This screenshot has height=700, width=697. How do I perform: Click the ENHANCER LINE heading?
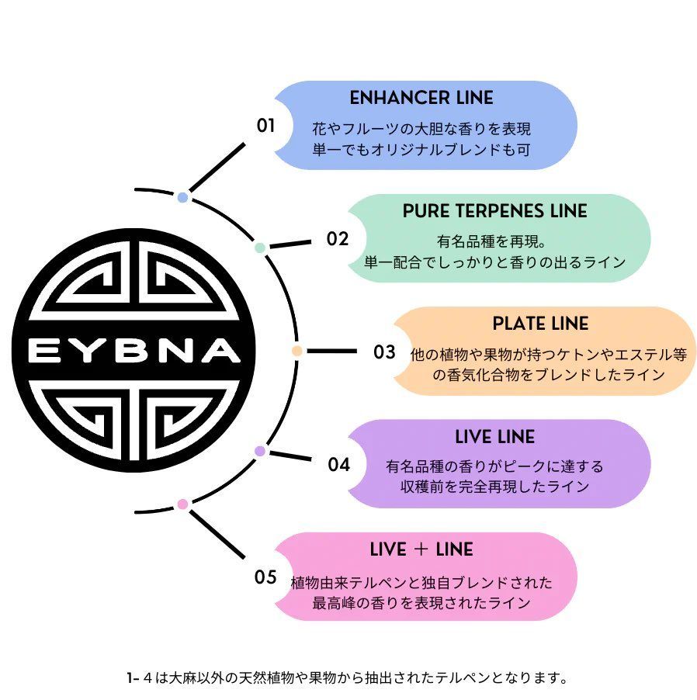tap(421, 99)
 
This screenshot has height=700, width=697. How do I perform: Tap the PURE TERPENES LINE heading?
tap(494, 212)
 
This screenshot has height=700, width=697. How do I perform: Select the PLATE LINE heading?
tap(540, 324)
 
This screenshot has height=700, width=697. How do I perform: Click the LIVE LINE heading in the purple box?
tap(494, 438)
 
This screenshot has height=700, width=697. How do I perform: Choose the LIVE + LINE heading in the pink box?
tap(421, 550)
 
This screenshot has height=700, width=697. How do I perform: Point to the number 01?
tap(266, 125)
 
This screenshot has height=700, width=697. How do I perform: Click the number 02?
tap(338, 239)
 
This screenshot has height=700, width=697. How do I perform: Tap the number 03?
tap(384, 352)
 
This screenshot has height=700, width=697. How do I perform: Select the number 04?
tap(338, 465)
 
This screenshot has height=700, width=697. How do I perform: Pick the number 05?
tap(265, 577)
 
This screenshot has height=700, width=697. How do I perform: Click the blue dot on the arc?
tap(182, 197)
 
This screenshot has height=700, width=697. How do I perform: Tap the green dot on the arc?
tap(260, 248)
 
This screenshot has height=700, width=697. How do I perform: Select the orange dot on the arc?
tap(296, 351)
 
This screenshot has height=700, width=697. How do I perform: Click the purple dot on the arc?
tap(260, 451)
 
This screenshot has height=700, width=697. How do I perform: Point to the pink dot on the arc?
tap(182, 504)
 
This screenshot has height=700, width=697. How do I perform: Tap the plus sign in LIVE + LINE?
tap(422, 550)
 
